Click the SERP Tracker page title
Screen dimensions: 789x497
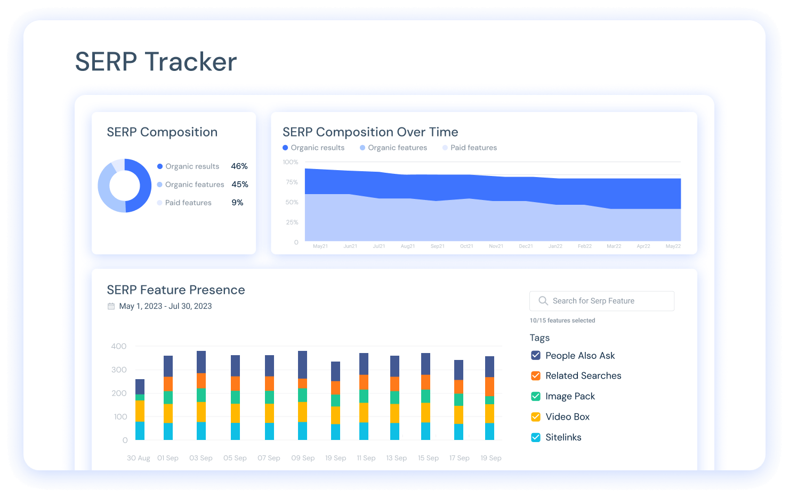point(156,62)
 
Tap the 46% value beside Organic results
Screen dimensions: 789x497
point(239,166)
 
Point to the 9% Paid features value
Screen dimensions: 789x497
point(237,203)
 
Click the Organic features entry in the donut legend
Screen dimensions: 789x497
point(190,185)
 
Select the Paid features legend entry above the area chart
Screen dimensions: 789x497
point(470,148)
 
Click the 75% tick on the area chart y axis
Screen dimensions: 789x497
point(292,182)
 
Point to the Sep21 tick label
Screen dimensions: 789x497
point(438,246)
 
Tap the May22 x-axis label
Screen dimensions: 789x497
point(673,246)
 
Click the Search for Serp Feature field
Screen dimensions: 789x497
point(602,301)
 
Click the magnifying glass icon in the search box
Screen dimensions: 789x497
point(543,301)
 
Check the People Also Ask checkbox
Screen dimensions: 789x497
point(536,355)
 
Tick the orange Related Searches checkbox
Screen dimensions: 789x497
point(536,376)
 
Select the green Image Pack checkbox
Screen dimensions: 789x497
point(536,396)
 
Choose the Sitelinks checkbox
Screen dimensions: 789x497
point(536,437)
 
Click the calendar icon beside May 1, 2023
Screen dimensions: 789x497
point(111,306)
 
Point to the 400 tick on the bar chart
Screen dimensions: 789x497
point(119,346)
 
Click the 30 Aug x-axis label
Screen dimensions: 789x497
point(139,458)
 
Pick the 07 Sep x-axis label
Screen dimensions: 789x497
point(269,458)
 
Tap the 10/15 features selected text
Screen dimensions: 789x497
point(562,320)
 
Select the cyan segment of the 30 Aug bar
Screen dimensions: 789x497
point(140,431)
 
